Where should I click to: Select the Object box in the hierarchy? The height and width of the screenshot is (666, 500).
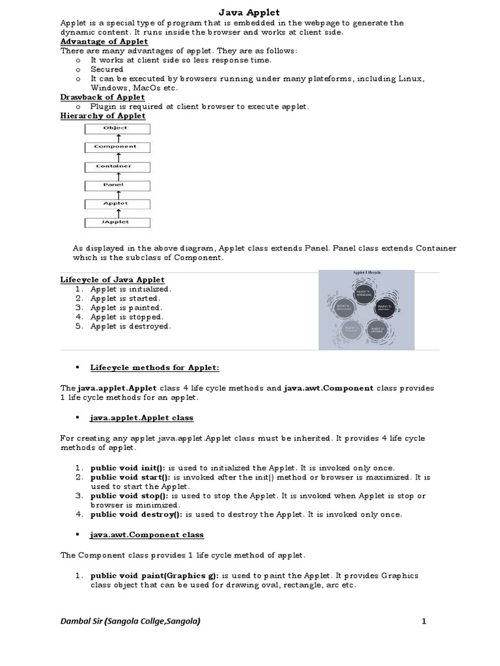(x=117, y=128)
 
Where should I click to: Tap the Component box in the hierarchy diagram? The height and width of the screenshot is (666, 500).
(x=117, y=147)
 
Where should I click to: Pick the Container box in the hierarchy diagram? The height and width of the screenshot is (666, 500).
(x=117, y=166)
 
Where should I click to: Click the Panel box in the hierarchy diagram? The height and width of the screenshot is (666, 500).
(x=117, y=185)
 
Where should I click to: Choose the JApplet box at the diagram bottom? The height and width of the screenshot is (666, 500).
(x=117, y=222)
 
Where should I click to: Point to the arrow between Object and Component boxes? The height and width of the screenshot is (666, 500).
(x=117, y=137)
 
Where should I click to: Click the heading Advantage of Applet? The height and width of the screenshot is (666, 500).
(x=104, y=42)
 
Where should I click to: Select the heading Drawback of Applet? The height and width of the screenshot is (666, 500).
(x=102, y=97)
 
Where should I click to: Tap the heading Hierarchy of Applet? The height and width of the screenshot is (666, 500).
(x=103, y=116)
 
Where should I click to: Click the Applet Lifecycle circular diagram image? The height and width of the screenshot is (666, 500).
(x=367, y=310)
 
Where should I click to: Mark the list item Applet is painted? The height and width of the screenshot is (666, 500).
(x=126, y=308)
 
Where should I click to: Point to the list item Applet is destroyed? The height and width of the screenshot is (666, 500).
(x=130, y=326)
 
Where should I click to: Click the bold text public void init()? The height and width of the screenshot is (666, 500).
(x=128, y=468)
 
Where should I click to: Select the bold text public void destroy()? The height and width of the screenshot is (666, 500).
(x=137, y=514)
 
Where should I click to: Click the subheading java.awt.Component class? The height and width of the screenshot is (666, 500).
(x=146, y=535)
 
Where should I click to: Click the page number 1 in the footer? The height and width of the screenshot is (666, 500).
(x=423, y=622)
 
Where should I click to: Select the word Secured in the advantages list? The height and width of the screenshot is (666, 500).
(x=107, y=69)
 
